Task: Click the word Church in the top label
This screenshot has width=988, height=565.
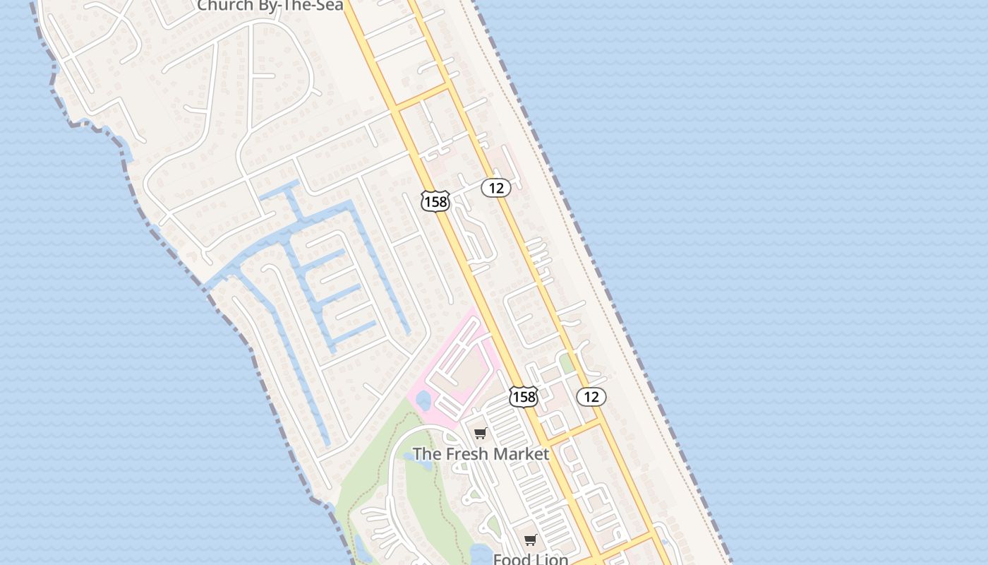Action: coord(221,6)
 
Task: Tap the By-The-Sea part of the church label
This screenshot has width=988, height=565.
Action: coord(296,6)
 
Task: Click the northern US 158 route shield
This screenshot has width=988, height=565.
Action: coord(435,202)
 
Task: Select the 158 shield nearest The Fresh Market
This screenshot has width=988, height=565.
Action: coord(524,397)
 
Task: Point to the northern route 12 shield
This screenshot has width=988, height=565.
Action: coord(496,188)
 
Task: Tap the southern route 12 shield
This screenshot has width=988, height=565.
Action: coord(591,397)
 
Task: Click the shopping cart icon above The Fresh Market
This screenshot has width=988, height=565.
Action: coord(481,433)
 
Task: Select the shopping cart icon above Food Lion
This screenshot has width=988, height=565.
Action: coord(531,540)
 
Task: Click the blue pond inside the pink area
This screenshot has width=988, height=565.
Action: coord(423,401)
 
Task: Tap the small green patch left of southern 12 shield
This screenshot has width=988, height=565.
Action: coord(566,364)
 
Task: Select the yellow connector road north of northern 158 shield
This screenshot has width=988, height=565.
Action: coord(422,97)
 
